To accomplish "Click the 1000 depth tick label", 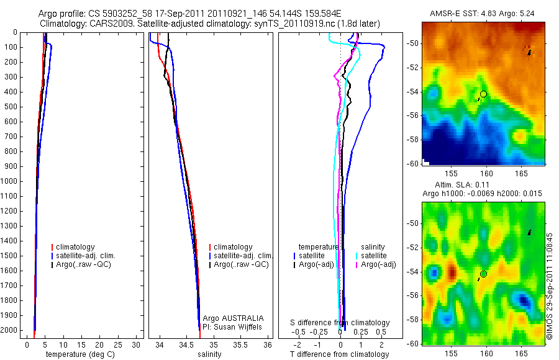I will (x=11, y=181).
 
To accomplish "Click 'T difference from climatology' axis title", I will (x=340, y=354).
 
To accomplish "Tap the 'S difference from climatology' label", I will (x=340, y=323).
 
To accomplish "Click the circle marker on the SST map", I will (x=483, y=94).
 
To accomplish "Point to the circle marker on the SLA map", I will (x=483, y=274).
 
